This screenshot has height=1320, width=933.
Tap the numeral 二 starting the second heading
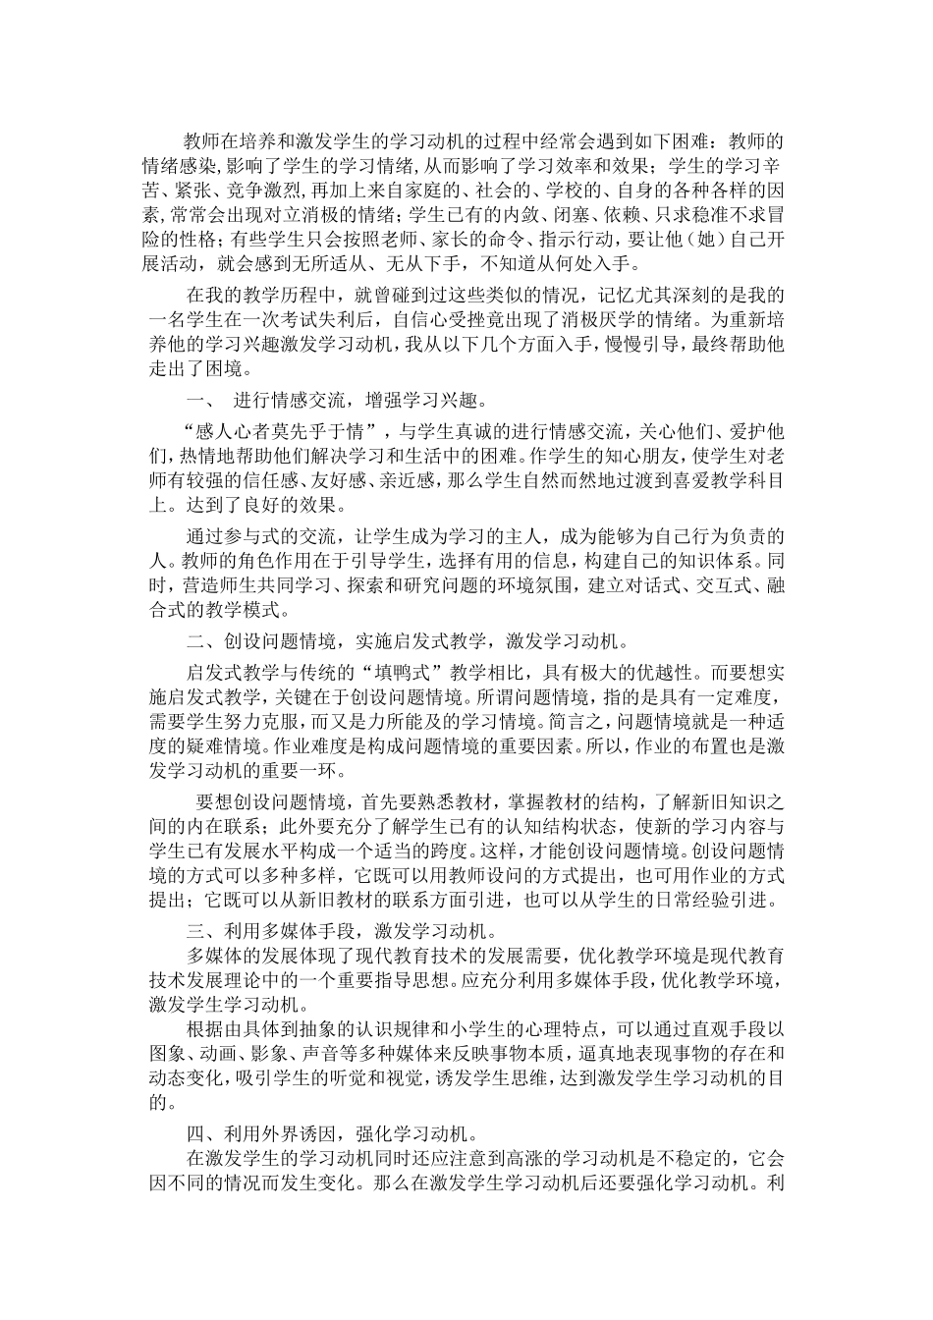tap(192, 642)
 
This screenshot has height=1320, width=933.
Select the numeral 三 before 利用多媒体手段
tap(192, 929)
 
